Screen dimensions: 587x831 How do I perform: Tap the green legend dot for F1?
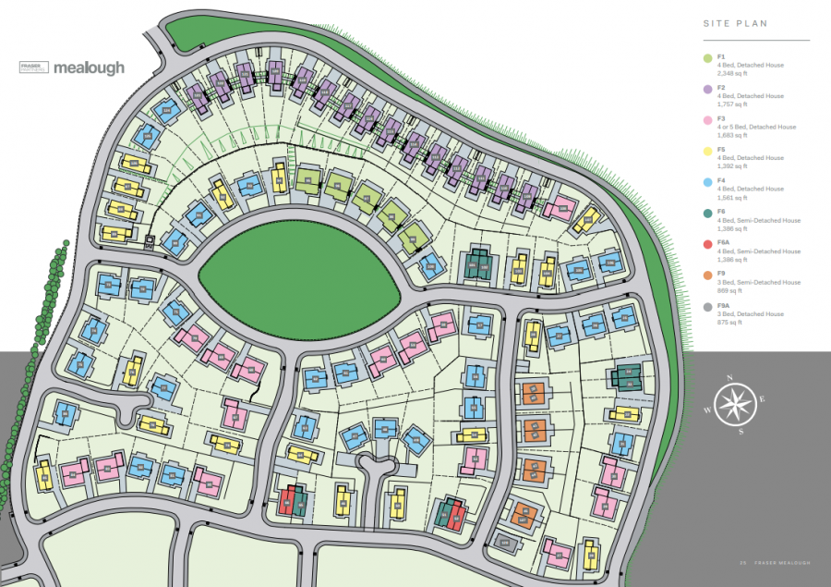click(707, 59)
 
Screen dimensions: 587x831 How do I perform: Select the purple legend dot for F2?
click(707, 90)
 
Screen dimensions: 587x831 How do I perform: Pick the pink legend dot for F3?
click(707, 121)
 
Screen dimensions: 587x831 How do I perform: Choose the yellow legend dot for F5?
click(707, 152)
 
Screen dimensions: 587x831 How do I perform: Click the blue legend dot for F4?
click(707, 183)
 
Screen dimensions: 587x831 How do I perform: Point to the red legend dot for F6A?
click(707, 245)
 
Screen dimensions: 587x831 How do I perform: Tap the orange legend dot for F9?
click(707, 276)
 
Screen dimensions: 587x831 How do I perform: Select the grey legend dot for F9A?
click(707, 308)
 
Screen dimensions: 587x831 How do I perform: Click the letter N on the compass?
click(730, 378)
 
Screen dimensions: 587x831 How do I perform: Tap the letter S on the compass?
click(740, 431)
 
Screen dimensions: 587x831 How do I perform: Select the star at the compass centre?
click(735, 405)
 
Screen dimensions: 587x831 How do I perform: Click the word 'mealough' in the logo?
click(89, 67)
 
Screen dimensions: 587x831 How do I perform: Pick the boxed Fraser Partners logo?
click(34, 67)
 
